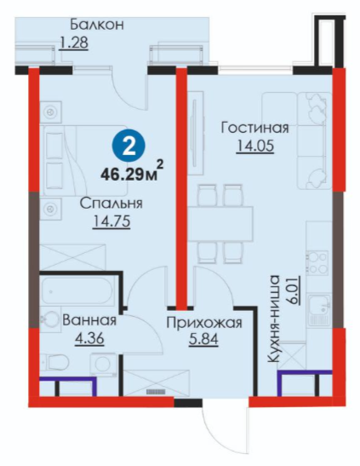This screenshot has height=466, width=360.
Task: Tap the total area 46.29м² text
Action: tap(132, 172)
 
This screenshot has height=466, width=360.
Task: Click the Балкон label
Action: tap(97, 25)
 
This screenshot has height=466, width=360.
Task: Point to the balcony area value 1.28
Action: tap(74, 43)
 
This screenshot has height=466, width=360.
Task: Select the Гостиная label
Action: tap(254, 129)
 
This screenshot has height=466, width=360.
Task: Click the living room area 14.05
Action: tap(255, 146)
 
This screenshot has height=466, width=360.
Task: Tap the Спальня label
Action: tap(111, 204)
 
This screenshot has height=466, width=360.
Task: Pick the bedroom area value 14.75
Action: tap(111, 221)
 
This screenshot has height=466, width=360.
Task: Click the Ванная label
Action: tap(89, 321)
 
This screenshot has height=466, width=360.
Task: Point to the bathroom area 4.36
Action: tap(89, 338)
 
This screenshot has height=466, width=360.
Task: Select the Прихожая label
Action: tap(204, 323)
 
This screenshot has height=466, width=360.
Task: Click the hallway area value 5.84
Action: tap(203, 339)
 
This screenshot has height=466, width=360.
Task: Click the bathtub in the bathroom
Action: tap(77, 291)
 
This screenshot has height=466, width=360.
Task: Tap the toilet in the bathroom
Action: tap(55, 362)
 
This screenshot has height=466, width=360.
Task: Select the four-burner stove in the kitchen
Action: tap(318, 262)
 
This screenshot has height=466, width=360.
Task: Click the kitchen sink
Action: tap(319, 309)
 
